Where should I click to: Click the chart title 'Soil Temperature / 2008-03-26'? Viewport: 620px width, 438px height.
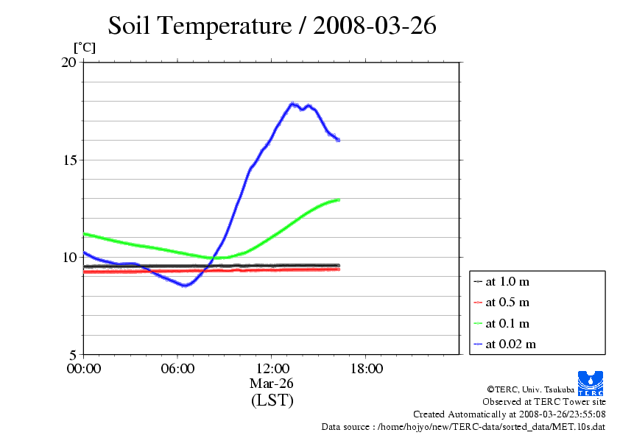coord(272,26)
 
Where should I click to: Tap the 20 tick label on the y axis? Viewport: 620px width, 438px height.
coord(68,63)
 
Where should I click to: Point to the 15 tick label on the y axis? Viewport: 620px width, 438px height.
coord(68,160)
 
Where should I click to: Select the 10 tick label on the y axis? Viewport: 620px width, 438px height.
coord(68,257)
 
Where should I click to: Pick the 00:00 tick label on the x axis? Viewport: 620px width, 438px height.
coord(83,368)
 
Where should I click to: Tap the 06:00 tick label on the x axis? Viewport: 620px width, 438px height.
coord(177,368)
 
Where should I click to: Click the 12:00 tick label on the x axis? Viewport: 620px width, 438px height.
coord(272,368)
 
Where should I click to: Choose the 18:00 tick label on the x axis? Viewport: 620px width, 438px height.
coord(366,368)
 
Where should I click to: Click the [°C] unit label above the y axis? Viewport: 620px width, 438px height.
coord(84,48)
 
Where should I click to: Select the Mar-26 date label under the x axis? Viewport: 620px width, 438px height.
coord(272,383)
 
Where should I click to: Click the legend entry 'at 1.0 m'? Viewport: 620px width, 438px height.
coord(507,282)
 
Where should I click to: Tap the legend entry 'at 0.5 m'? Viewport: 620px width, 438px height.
coord(507,303)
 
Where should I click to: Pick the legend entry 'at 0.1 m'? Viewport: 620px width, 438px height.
coord(507,323)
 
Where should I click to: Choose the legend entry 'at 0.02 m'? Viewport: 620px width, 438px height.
coord(510,344)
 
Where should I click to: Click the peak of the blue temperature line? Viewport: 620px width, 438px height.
coord(293,105)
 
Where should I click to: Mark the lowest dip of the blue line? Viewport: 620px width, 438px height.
coord(185,285)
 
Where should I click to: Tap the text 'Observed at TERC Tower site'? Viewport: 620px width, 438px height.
coord(544,402)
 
